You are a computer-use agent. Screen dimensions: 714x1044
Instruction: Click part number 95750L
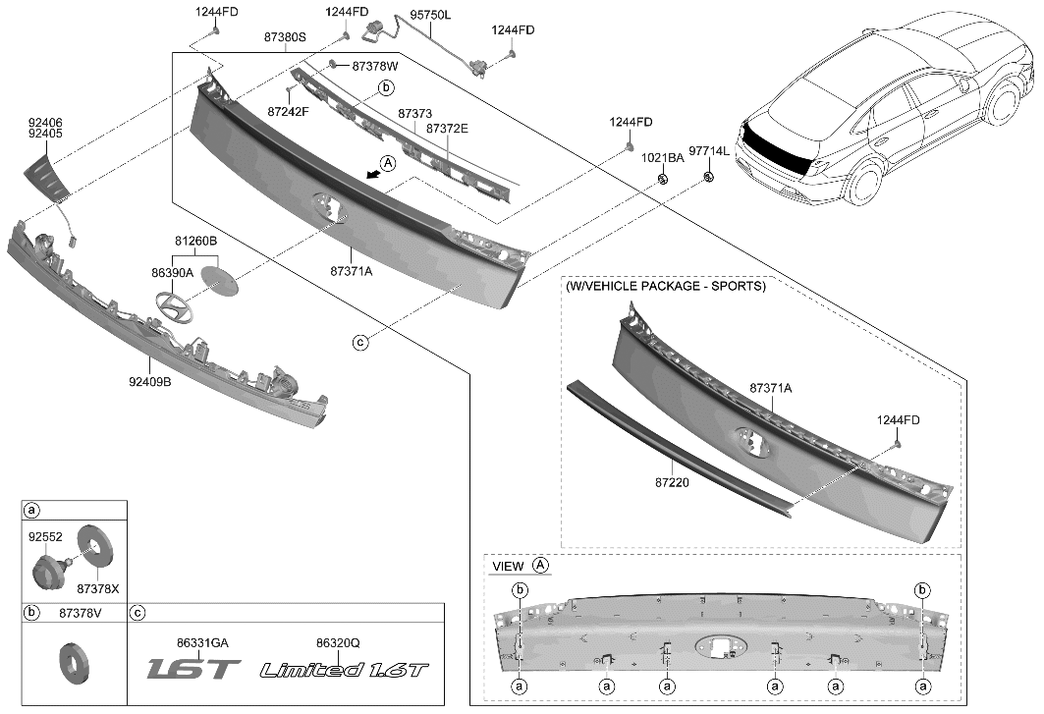430,16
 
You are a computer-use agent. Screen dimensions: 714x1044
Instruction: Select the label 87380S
286,37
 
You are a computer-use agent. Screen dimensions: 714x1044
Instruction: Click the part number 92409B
150,381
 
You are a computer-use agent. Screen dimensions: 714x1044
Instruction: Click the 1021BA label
663,158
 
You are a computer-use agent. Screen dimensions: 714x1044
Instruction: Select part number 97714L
708,152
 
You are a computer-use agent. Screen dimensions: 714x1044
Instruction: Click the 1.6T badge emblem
193,670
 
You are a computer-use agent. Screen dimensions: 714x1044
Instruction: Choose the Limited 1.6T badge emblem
345,670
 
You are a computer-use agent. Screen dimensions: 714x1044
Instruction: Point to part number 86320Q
338,643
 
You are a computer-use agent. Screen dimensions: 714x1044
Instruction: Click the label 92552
45,538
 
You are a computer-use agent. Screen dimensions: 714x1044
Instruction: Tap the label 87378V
81,613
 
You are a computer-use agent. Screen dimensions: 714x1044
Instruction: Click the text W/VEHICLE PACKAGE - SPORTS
665,287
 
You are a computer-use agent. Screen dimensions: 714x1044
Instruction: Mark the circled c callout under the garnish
361,342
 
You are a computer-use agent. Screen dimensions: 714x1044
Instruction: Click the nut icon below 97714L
708,178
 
